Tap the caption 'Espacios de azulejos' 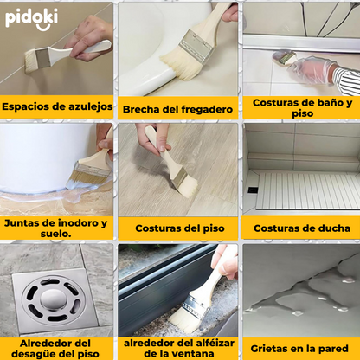point(57,107)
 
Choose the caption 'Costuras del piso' point(179,228)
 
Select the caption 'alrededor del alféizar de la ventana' point(178,348)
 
